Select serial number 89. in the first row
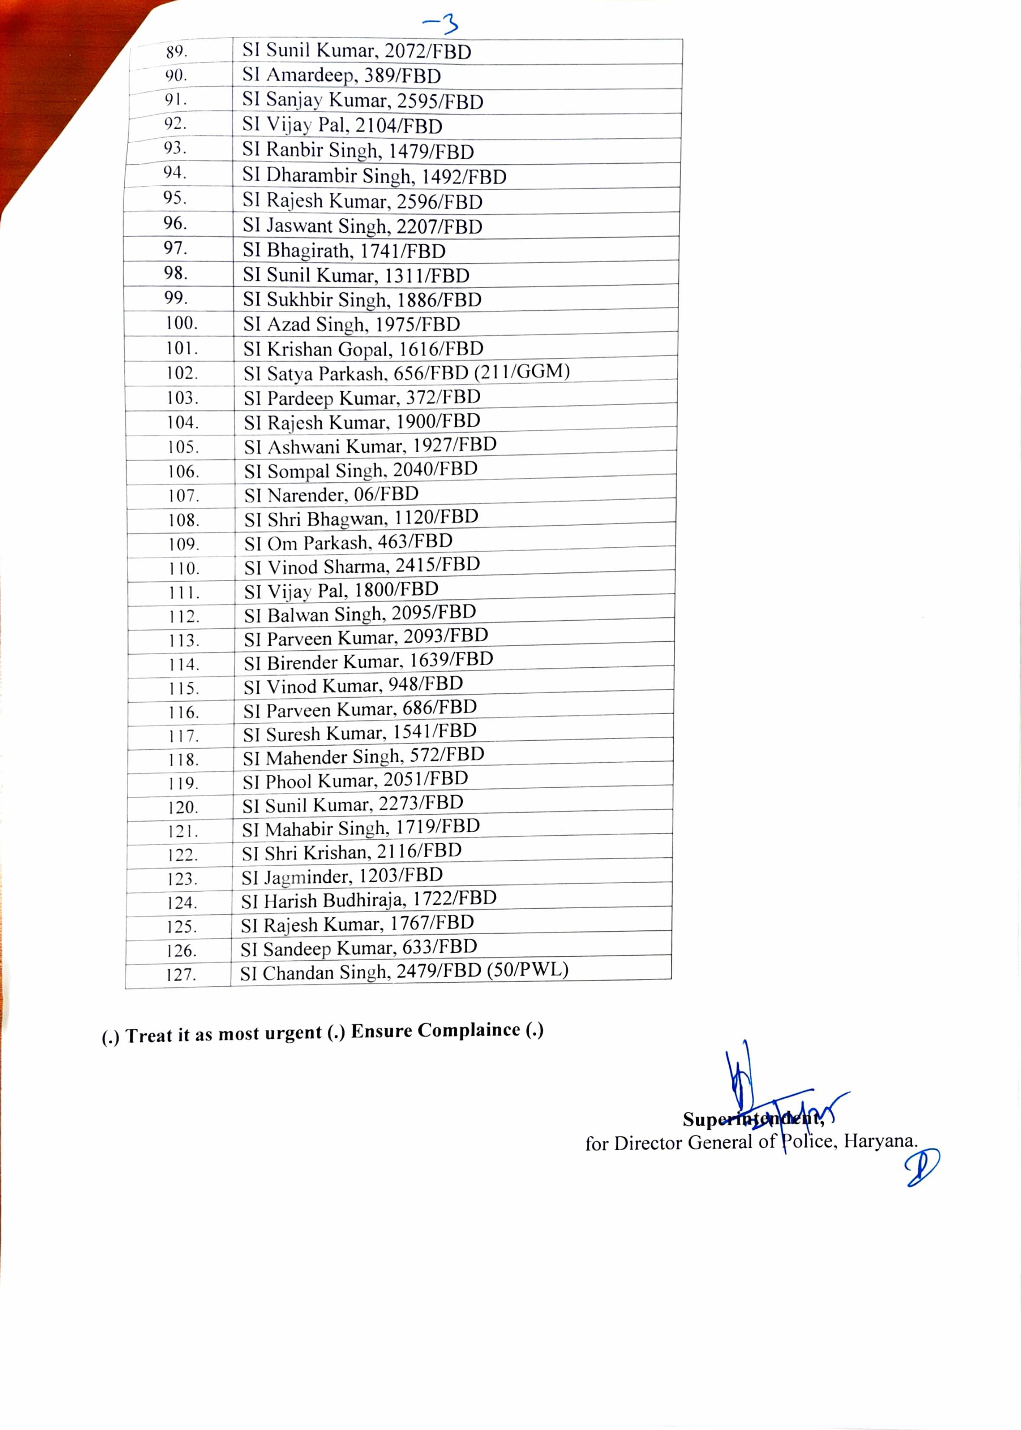pos(177,52)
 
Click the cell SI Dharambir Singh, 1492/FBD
pos(374,176)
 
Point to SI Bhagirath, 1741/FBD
pos(344,251)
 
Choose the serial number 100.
pos(182,323)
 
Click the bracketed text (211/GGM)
pos(522,372)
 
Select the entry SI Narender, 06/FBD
pos(331,495)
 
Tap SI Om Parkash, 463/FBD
pos(348,542)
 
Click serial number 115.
pos(184,688)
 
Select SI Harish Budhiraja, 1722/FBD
pos(369,900)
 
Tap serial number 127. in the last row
pos(181,975)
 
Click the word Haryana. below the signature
pos(880,1141)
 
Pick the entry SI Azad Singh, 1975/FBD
pos(352,325)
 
